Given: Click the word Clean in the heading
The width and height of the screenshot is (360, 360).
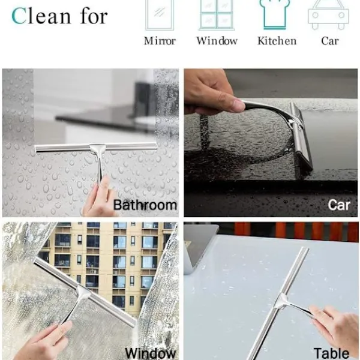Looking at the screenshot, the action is pyautogui.click(x=41, y=16).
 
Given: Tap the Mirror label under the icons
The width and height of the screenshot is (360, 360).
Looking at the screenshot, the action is pyautogui.click(x=160, y=41).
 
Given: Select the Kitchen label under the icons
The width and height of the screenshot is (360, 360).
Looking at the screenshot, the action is pyautogui.click(x=277, y=41).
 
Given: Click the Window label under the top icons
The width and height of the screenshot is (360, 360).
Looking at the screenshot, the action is pyautogui.click(x=217, y=41).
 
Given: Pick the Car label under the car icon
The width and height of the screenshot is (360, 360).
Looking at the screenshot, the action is pyautogui.click(x=330, y=41).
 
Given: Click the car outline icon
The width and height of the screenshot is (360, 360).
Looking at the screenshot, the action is pyautogui.click(x=329, y=15).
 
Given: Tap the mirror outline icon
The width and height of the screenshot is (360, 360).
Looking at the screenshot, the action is pyautogui.click(x=160, y=14).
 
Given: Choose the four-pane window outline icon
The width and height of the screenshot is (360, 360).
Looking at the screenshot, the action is pyautogui.click(x=217, y=14).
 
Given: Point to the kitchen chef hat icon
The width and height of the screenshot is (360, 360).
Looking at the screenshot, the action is pyautogui.click(x=275, y=14).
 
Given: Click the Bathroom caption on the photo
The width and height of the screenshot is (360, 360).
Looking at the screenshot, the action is pyautogui.click(x=145, y=205).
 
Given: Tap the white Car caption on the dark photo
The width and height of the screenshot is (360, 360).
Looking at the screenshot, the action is pyautogui.click(x=339, y=205).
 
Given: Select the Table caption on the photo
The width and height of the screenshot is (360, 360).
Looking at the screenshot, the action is pyautogui.click(x=331, y=353).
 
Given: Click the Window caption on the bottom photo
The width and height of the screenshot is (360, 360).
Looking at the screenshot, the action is pyautogui.click(x=151, y=353).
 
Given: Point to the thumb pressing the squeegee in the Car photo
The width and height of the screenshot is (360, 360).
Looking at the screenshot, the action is pyautogui.click(x=231, y=104).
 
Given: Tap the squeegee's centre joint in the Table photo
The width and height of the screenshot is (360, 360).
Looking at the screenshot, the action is pyautogui.click(x=282, y=301).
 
